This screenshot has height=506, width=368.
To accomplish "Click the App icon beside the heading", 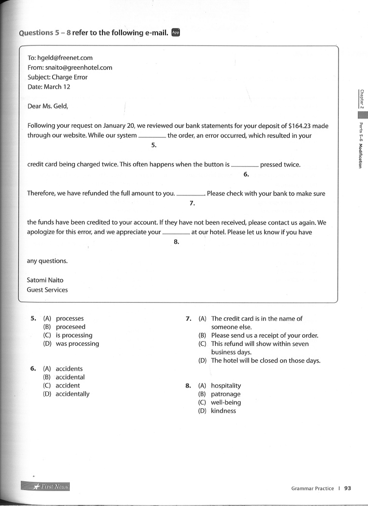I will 176,32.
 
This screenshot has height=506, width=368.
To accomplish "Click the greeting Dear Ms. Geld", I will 48,106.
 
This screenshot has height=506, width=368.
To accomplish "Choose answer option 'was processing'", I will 77,343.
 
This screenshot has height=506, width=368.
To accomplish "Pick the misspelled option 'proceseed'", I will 71,327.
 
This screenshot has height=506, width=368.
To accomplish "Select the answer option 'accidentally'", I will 73,394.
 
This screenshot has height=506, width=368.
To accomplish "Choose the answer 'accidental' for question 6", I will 70,377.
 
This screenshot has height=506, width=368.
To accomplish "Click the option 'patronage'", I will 226,394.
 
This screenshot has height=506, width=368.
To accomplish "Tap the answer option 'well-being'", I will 226,402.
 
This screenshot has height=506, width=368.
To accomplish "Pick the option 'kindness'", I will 223,411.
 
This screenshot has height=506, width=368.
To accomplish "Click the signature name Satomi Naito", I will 45,280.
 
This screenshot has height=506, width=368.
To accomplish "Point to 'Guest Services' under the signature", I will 47,290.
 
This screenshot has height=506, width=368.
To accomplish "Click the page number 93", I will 347,488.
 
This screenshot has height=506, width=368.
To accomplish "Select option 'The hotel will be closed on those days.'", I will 265,360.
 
